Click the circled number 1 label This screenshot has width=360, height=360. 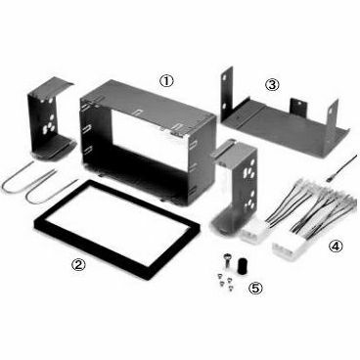[166, 81]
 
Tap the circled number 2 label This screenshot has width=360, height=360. [78, 264]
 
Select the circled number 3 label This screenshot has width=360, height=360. [272, 84]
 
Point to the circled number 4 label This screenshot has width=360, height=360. [336, 247]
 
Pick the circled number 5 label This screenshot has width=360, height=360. [255, 288]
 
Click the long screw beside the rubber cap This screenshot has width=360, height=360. [226, 261]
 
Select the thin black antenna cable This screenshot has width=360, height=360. [341, 168]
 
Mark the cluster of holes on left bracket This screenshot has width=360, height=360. [50, 125]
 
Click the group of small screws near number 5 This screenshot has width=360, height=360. [225, 282]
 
